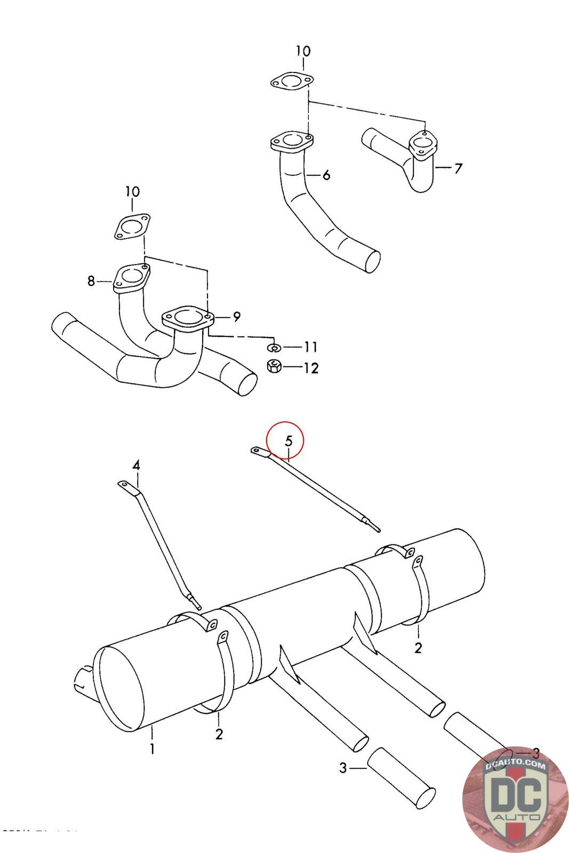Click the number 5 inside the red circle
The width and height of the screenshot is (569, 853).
[288, 441]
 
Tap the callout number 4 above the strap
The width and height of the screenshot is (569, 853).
[137, 465]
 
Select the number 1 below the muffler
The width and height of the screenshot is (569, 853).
[153, 749]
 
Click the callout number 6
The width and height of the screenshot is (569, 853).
[326, 175]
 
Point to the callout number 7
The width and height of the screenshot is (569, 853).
[458, 168]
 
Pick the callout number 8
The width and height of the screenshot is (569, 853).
[91, 280]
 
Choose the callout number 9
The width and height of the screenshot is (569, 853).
[236, 317]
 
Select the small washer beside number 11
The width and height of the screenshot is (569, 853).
[274, 348]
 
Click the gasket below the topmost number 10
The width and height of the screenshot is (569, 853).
[291, 82]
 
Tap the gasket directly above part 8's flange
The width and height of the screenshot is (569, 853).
[132, 227]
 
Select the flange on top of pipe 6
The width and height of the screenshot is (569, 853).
[291, 141]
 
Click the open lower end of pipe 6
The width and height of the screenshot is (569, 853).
[372, 262]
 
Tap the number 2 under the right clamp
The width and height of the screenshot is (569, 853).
[418, 648]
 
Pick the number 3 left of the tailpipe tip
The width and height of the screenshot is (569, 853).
[343, 768]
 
